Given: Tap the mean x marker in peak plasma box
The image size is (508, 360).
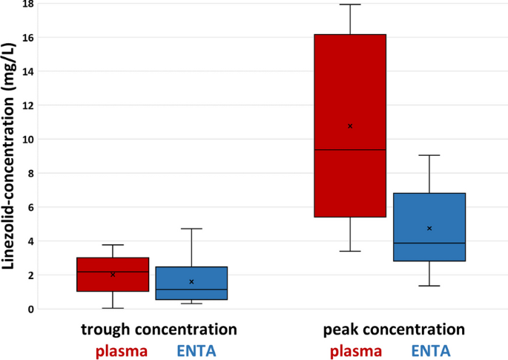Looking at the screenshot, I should [x=350, y=126].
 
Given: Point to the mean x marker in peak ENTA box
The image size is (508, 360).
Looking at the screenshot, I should [x=429, y=229].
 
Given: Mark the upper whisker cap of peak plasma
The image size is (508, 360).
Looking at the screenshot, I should [x=349, y=4].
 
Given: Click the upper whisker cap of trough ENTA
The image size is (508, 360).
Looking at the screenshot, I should [x=191, y=229].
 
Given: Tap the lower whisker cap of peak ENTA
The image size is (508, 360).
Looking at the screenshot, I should [x=429, y=286].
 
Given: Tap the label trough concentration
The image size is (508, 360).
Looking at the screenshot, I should [x=159, y=329].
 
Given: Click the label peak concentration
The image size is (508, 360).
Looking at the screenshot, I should [x=394, y=329].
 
